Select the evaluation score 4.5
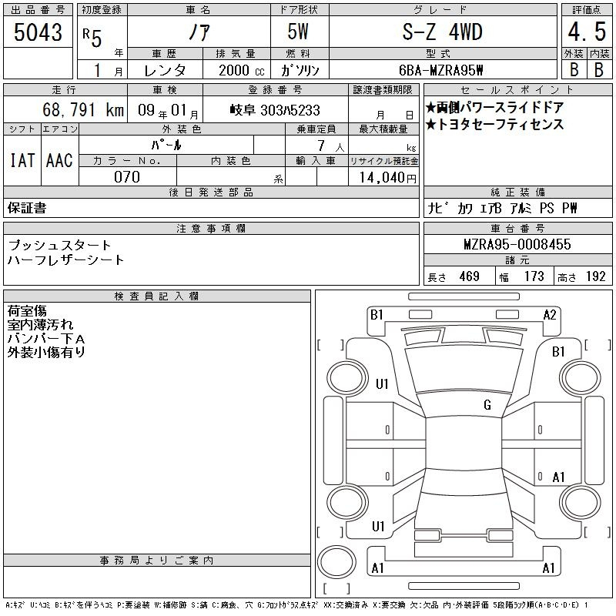point(585,34)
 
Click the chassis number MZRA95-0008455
point(517,245)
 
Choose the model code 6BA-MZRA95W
point(441,70)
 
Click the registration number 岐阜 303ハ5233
point(275,110)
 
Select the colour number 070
point(127,177)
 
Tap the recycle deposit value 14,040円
point(383,178)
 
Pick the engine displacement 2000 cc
point(235,70)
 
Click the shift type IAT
point(22,160)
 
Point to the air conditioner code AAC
point(59,160)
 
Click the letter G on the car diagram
point(487,405)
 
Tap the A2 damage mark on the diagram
point(550,314)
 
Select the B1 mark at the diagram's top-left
point(376,314)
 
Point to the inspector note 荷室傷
point(27,310)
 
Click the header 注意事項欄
point(211,229)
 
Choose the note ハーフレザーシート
point(65,259)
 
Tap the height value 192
point(595,276)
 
